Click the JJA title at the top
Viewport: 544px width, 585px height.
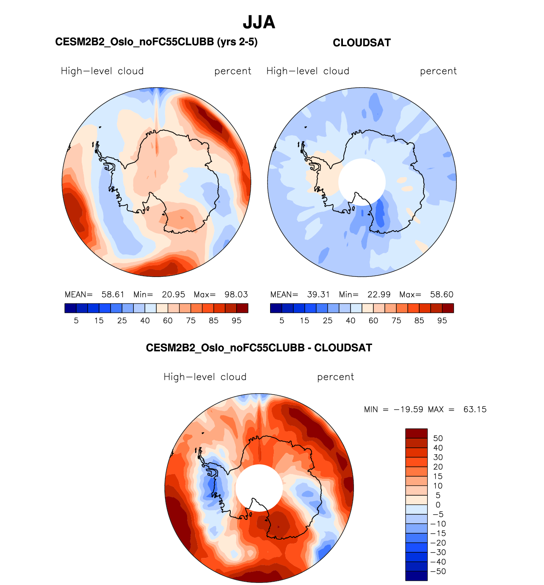click(x=259, y=22)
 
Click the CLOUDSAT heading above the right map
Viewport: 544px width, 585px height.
click(x=362, y=43)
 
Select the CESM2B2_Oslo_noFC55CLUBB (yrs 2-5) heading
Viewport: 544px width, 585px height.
click(x=156, y=42)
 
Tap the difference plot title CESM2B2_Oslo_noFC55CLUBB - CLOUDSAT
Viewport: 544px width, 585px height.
click(x=259, y=348)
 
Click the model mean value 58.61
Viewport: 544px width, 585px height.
click(x=113, y=295)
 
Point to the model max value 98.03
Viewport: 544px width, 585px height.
click(x=236, y=295)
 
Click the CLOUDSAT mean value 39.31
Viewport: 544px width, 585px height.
click(x=318, y=295)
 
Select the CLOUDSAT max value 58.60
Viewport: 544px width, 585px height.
click(x=442, y=295)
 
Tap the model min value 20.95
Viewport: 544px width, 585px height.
click(x=174, y=295)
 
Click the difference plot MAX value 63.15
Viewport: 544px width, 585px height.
click(x=475, y=410)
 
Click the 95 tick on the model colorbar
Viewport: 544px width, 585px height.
click(x=237, y=321)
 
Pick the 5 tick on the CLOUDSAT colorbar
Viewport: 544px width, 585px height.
click(x=282, y=321)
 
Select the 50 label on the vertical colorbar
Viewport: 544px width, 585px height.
click(x=438, y=439)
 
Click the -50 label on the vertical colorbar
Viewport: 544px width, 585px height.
click(x=438, y=571)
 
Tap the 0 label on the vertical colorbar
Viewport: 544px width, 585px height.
click(x=438, y=505)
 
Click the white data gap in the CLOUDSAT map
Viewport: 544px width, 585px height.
click(x=362, y=182)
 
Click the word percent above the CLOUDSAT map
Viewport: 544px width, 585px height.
click(x=438, y=71)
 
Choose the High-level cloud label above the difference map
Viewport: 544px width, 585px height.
click(x=205, y=377)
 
